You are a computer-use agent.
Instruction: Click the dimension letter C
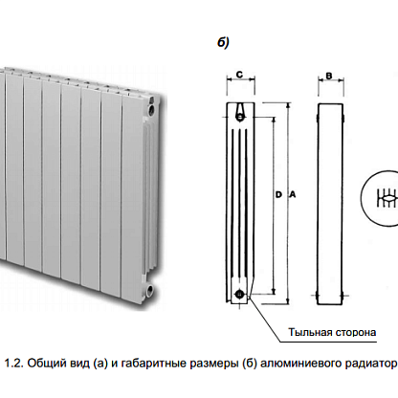(239, 75)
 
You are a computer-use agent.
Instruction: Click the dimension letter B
(329, 76)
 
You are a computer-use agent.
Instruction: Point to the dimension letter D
(278, 194)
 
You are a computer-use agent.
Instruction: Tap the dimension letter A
(292, 194)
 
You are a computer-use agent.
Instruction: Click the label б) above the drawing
(223, 42)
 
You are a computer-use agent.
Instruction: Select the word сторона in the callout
(355, 333)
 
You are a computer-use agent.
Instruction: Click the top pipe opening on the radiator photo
(151, 110)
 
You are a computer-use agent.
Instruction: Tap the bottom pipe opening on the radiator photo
(149, 290)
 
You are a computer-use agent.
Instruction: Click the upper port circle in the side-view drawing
(240, 118)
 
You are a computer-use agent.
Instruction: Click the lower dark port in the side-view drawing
(239, 295)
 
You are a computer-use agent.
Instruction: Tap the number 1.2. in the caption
(14, 364)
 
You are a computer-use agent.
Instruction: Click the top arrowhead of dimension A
(288, 105)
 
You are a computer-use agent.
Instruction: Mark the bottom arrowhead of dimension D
(274, 292)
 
